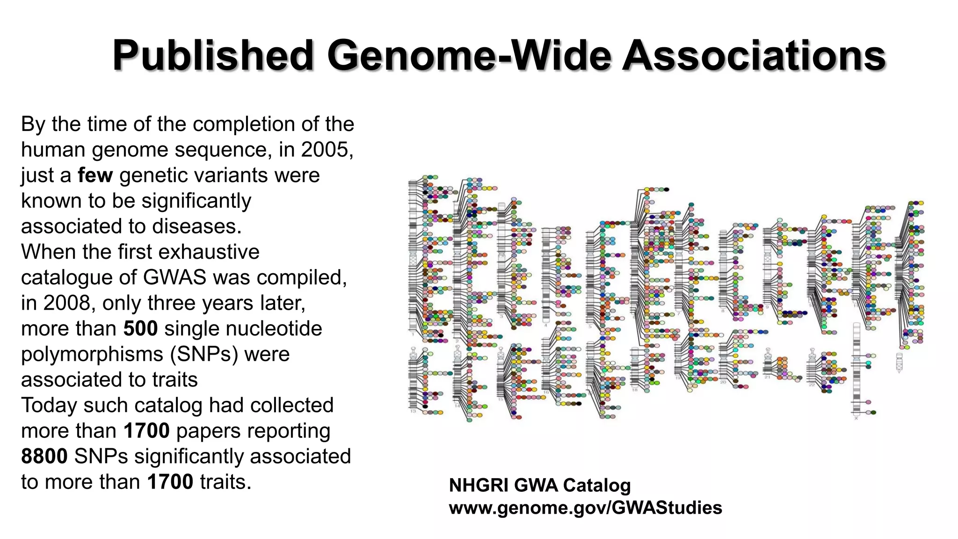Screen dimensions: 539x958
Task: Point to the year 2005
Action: pyautogui.click(x=327, y=150)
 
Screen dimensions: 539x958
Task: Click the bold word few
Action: pyautogui.click(x=95, y=175)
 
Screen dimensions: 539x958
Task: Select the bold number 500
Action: pyautogui.click(x=140, y=328)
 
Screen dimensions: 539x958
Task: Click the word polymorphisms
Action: pyautogui.click(x=92, y=354)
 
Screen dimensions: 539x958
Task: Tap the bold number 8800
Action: pyautogui.click(x=44, y=456)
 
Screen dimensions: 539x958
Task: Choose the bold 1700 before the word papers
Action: pyautogui.click(x=146, y=431)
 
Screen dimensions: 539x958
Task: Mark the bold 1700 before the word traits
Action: pyautogui.click(x=170, y=482)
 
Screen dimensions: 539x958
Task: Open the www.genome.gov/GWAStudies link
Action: pyautogui.click(x=585, y=508)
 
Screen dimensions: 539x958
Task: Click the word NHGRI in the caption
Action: pyautogui.click(x=478, y=486)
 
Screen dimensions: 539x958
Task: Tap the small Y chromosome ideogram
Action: pyautogui.click(x=899, y=362)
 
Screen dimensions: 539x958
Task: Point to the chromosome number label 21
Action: pyautogui.click(x=768, y=377)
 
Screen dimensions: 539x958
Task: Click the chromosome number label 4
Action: pyautogui.click(x=546, y=325)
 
